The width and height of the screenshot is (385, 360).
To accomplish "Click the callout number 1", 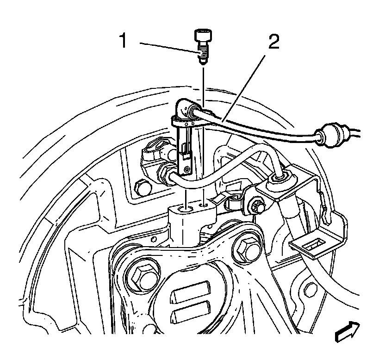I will (x=123, y=41).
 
